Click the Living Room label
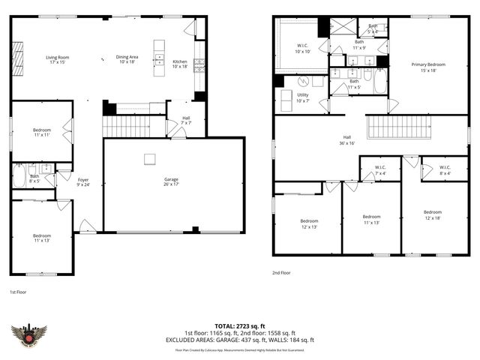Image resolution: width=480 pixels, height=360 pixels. [57, 59]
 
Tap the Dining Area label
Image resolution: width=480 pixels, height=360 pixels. [127, 59]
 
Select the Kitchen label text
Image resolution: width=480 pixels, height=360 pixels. [180, 64]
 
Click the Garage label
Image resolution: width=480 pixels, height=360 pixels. [171, 182]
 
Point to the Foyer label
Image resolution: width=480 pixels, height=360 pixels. [82, 182]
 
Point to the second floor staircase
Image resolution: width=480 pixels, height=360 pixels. [397, 126]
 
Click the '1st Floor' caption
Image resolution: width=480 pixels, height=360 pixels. [18, 291]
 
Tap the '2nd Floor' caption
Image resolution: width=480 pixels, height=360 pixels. [282, 274]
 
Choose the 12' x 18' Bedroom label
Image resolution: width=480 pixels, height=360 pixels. [433, 214]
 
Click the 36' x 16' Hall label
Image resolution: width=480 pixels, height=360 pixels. [347, 139]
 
